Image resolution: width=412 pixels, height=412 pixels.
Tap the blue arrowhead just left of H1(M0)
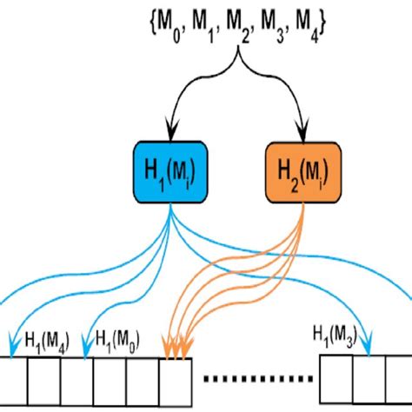coord(85,351)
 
